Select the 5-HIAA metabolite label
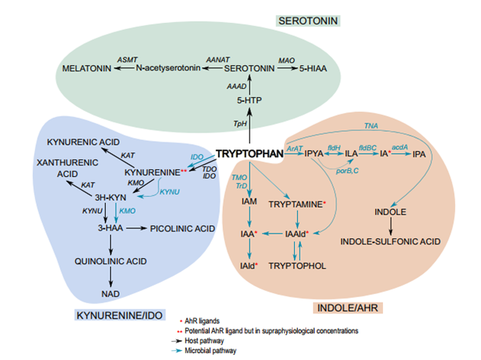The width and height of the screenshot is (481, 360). [311, 69]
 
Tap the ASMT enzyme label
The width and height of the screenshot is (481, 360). [127, 58]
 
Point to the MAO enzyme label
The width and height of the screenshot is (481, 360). [286, 58]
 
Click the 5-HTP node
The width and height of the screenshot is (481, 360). [250, 100]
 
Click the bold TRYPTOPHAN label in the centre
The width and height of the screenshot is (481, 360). [249, 153]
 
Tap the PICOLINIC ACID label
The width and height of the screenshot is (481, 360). [182, 228]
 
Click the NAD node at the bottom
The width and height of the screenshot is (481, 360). [111, 293]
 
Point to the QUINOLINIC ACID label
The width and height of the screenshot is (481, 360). [110, 261]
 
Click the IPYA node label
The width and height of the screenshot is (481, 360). [314, 154]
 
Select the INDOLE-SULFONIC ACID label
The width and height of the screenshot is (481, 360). [391, 241]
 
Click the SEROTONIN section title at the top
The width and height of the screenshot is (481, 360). [309, 18]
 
